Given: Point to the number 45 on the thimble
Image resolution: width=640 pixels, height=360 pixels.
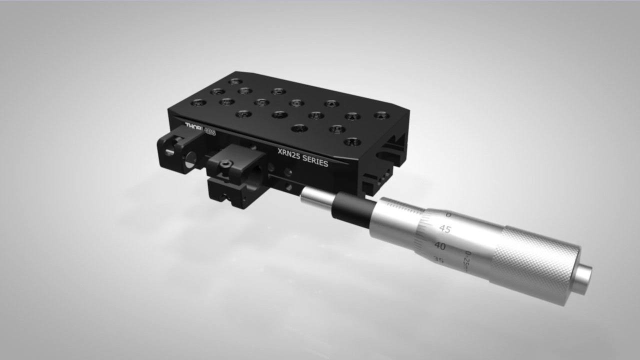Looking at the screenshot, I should point(444,229).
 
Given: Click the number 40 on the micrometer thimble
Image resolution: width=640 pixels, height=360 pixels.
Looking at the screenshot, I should point(440,245).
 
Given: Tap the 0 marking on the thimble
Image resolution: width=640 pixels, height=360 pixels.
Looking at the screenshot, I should point(448,215).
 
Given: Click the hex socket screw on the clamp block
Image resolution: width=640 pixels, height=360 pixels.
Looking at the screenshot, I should point(226,165).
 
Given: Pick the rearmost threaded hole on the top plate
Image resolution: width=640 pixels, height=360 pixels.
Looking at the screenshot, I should point(234,81).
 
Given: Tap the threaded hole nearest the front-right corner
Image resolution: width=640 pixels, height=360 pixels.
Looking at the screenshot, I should point(352,142).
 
